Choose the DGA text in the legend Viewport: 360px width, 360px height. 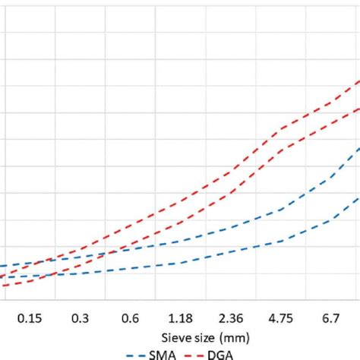(x=219, y=353)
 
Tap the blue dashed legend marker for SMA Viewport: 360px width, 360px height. (x=136, y=354)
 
